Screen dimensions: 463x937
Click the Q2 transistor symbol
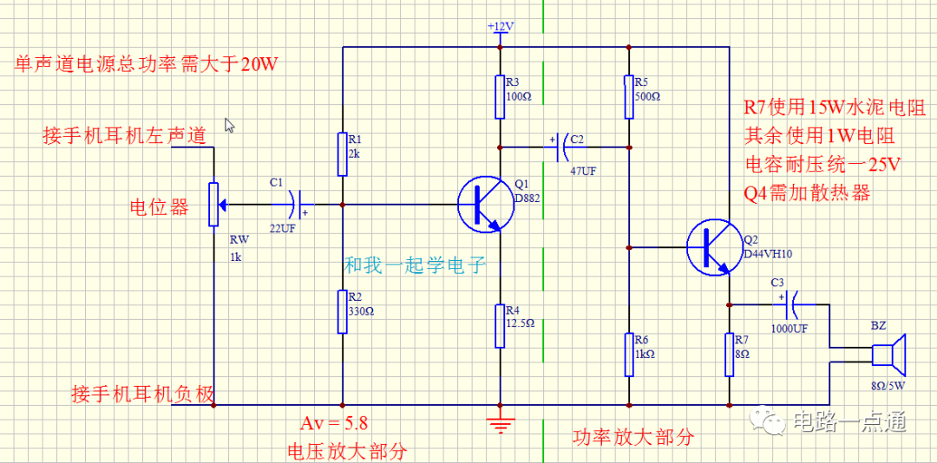click(x=712, y=247)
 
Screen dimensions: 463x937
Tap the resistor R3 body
click(x=500, y=97)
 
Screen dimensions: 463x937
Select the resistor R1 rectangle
click(x=343, y=154)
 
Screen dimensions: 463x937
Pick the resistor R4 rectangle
click(x=500, y=325)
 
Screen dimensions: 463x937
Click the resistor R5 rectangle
click(x=628, y=97)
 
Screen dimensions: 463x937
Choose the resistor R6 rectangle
click(x=628, y=354)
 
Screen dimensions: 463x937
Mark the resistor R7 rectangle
click(x=730, y=354)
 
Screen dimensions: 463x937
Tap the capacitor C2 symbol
click(x=560, y=147)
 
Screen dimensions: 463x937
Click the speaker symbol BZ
click(x=888, y=355)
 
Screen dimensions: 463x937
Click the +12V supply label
click(x=501, y=27)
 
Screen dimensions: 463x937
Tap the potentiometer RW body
click(x=213, y=205)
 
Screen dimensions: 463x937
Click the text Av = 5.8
click(x=334, y=423)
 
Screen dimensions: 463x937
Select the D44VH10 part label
click(x=768, y=254)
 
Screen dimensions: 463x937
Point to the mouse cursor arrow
click(x=229, y=126)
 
